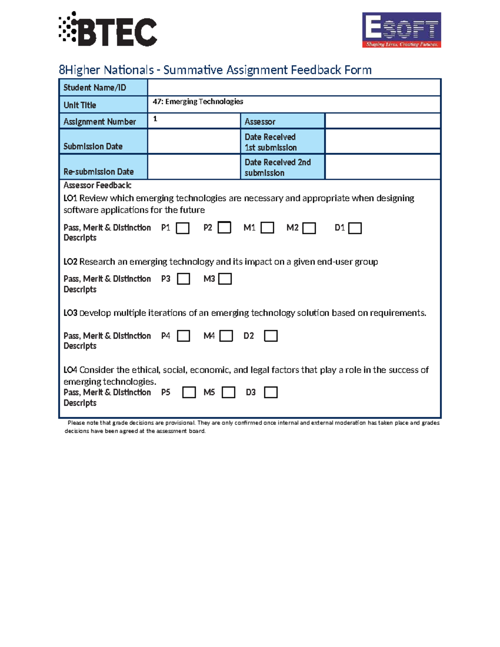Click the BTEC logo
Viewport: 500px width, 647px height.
[x=108, y=29]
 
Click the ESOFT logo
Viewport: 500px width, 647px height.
[x=401, y=30]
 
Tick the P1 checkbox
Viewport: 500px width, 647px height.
[x=182, y=228]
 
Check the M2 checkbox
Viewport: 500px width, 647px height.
[x=309, y=228]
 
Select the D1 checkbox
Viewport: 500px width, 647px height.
[x=355, y=228]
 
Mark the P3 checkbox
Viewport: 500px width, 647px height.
[x=183, y=279]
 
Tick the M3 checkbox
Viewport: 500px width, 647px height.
[x=225, y=279]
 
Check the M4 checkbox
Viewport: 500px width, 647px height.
[x=226, y=336]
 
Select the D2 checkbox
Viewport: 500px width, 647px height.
[x=270, y=336]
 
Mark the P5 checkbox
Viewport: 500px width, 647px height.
[x=189, y=392]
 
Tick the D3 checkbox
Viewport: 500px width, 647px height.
[x=270, y=392]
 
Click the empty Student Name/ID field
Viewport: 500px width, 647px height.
[x=294, y=87]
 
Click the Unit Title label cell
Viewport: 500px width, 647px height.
[x=103, y=105]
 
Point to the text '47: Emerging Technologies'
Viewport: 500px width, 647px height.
[x=198, y=102]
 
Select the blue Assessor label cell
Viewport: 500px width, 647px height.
[x=282, y=121]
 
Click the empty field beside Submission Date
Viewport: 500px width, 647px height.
[x=194, y=142]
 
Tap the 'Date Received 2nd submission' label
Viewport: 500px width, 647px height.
[x=282, y=167]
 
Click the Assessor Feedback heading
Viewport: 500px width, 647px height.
[x=97, y=185]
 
